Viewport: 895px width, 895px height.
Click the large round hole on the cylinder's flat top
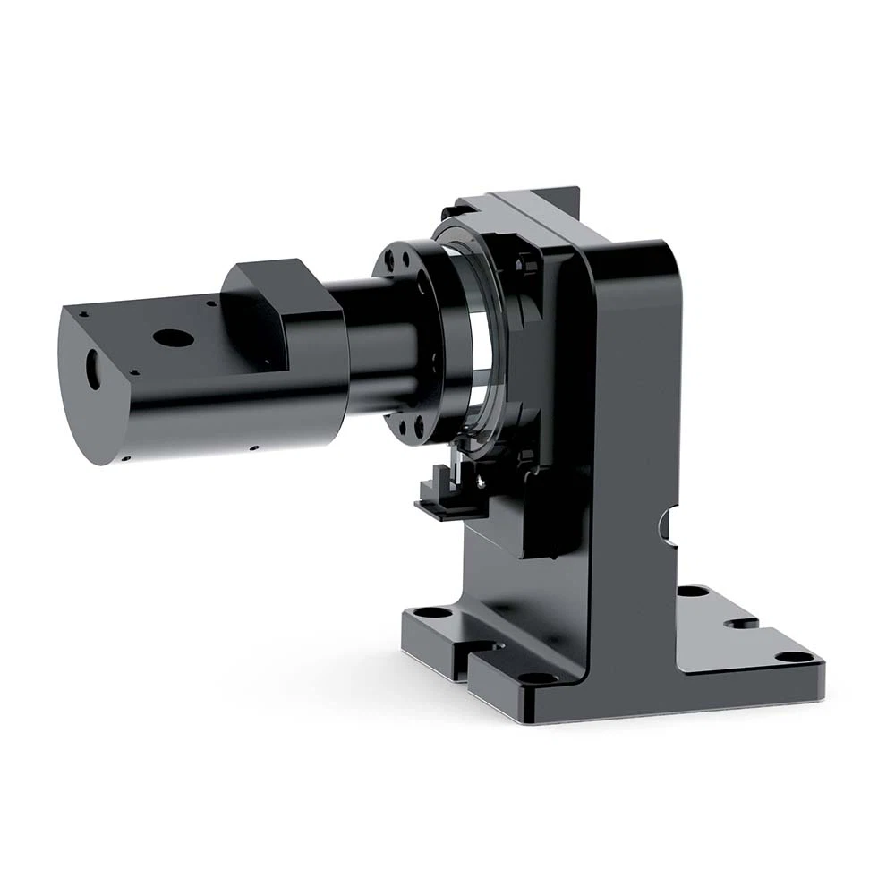pyautogui.click(x=174, y=338)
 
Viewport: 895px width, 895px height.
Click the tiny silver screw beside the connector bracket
pyautogui.click(x=484, y=482)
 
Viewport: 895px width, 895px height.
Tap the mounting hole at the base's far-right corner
pyautogui.click(x=787, y=657)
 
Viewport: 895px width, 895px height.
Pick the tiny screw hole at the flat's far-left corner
pyautogui.click(x=82, y=314)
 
